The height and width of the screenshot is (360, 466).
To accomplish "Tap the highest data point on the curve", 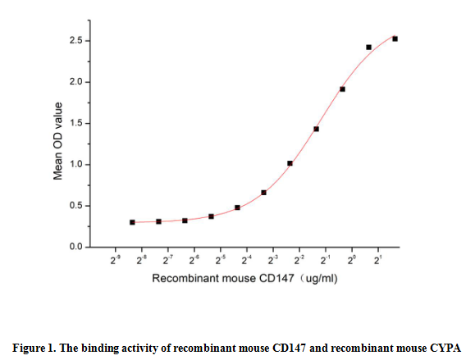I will tap(395, 39).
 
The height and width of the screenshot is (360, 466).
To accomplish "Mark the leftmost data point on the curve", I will tap(132, 222).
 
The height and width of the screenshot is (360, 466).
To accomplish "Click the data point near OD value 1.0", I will tap(290, 163).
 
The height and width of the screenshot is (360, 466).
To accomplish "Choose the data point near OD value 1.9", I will tap(342, 89).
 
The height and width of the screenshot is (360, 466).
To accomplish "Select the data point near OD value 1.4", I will tap(316, 129).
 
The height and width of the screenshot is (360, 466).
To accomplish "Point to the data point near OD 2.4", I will tap(368, 48).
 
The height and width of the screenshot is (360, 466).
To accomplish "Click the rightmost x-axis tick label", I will tap(378, 261).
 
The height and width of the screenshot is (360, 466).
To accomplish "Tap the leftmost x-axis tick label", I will tap(116, 261).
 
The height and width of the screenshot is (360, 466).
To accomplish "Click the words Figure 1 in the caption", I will tap(34, 346).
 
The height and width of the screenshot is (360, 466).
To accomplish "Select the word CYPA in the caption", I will tap(444, 346).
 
